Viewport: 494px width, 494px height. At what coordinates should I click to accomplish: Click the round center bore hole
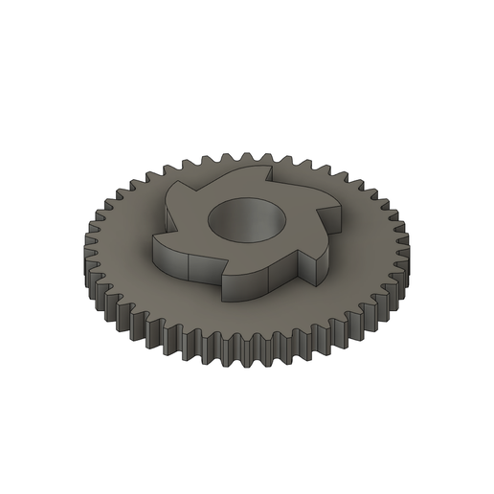248,222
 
